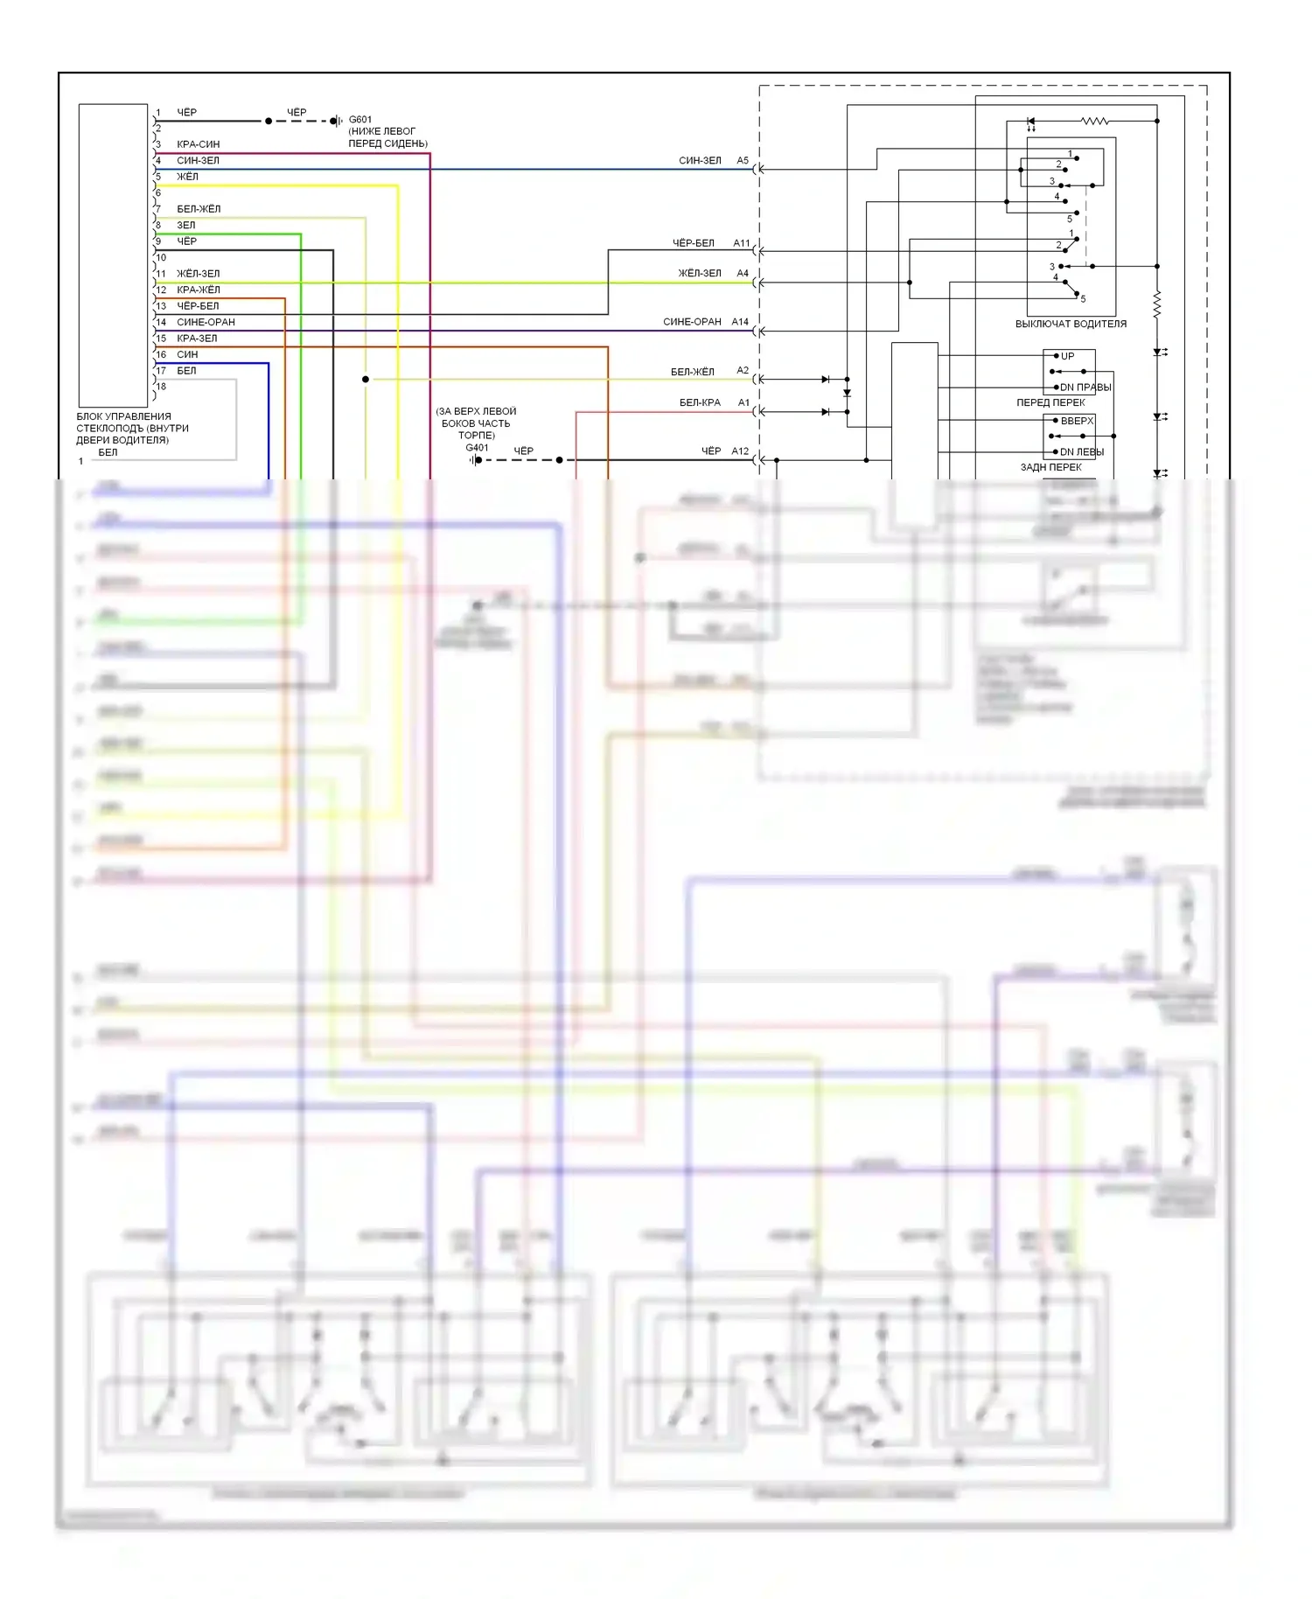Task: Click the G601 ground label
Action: [359, 119]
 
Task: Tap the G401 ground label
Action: [477, 448]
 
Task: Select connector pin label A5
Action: [743, 161]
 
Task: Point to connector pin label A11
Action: [742, 243]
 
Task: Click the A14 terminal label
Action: [740, 322]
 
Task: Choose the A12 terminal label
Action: [740, 451]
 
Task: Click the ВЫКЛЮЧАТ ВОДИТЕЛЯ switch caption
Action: [1071, 324]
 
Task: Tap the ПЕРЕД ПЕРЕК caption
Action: [1050, 402]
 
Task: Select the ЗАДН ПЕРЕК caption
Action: [1050, 467]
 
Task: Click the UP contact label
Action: [1067, 356]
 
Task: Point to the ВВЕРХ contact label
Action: [1077, 421]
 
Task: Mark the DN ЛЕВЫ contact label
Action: [1081, 452]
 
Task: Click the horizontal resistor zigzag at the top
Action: [1094, 121]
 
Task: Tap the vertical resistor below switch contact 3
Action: [1156, 304]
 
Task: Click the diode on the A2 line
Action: [826, 380]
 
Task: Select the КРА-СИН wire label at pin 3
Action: [198, 144]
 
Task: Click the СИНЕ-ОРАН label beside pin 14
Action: [206, 322]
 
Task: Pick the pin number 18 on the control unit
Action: [161, 387]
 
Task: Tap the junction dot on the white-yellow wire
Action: [366, 379]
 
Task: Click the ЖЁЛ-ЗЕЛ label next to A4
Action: [700, 274]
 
